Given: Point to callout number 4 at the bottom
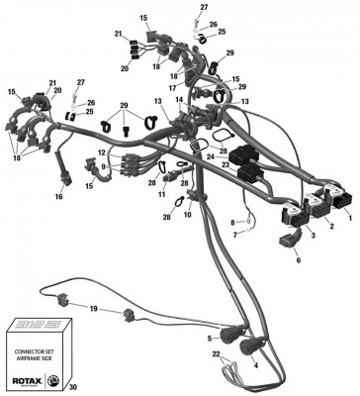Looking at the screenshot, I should pos(255,364).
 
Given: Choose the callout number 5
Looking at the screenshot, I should pos(211,339).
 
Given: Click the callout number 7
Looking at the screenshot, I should pos(233,236).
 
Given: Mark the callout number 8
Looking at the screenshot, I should pos(233,222).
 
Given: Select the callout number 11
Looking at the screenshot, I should pos(162,196).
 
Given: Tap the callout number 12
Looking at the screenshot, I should pos(100,151).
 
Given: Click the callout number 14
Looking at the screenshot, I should pos(179,100).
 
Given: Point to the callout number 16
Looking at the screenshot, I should pos(58,196).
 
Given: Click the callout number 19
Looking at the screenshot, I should pos(93,309).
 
